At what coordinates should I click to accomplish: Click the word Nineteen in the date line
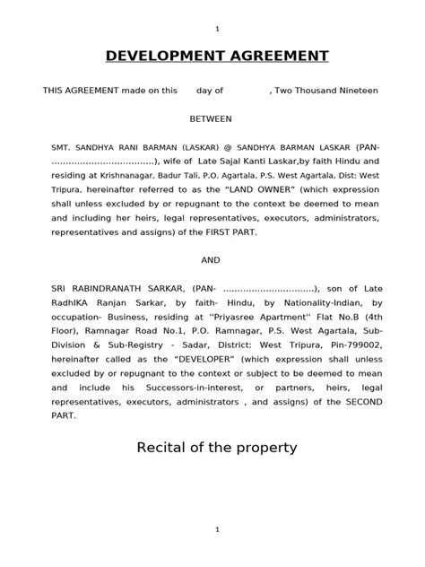pyautogui.click(x=355, y=91)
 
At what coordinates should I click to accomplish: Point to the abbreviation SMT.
pyautogui.click(x=61, y=146)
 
